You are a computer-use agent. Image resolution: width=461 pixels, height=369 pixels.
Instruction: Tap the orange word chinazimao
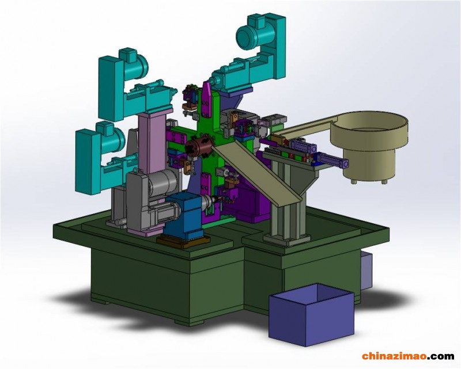coord(394,356)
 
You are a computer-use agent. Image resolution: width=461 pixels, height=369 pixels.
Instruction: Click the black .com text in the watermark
coord(440,357)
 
